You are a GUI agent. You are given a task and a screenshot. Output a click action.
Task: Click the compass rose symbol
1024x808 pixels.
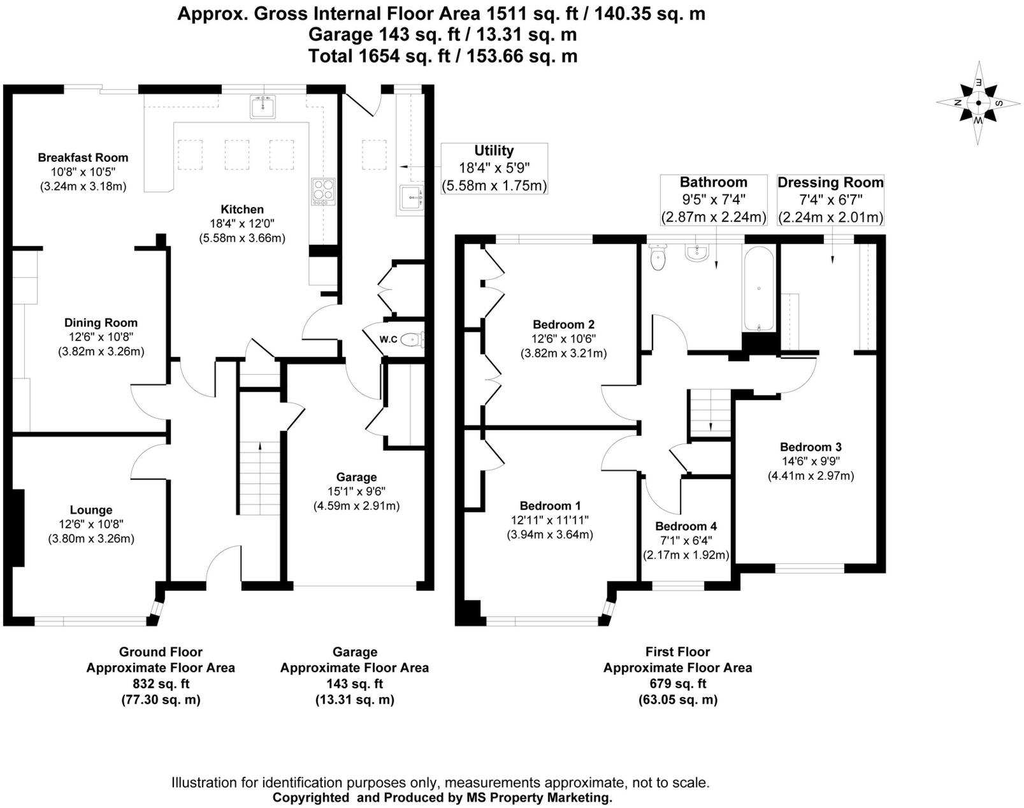(x=978, y=102)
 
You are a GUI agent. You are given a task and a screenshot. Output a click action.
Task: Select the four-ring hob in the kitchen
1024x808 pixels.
(x=323, y=191)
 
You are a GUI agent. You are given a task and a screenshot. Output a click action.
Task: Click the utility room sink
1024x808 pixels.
(x=411, y=197)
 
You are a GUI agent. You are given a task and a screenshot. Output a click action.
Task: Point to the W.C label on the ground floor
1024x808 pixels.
(x=388, y=340)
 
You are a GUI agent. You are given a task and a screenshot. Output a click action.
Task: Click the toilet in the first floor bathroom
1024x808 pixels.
(x=656, y=257)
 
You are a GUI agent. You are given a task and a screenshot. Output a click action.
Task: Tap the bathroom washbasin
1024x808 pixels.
(x=698, y=253)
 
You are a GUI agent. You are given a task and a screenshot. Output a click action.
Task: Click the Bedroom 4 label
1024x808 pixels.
(x=686, y=526)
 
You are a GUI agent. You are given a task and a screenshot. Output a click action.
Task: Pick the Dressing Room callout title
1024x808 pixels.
(x=830, y=183)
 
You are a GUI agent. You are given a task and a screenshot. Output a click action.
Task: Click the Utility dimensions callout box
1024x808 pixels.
(x=494, y=168)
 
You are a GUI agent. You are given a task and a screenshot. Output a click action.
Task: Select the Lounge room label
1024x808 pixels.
(x=91, y=510)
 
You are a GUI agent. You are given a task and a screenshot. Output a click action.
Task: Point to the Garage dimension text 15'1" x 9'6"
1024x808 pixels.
(x=356, y=491)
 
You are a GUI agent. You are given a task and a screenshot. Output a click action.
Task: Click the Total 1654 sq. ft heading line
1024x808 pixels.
(x=443, y=56)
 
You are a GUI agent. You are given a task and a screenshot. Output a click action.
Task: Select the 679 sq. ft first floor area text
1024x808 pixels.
(x=677, y=684)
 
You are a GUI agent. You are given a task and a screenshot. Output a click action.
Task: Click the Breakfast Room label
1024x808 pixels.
(x=83, y=157)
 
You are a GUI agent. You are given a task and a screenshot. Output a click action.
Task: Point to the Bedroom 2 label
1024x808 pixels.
(x=563, y=324)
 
